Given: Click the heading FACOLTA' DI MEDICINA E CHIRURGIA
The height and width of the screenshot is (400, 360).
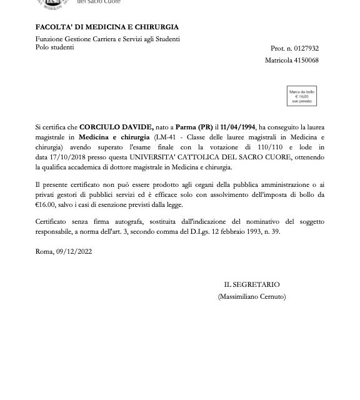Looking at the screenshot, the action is [107, 27].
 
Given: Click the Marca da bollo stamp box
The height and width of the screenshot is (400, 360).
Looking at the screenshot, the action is [301, 96].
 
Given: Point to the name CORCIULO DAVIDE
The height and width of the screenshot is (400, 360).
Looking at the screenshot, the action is [117, 127].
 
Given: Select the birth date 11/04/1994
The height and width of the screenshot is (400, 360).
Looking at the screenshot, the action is [239, 127].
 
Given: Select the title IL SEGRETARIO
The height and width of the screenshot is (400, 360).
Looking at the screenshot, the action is [251, 285].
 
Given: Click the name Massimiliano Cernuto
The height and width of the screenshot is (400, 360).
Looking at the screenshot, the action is [251, 296].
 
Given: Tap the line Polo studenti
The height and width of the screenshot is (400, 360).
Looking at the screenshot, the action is [54, 47].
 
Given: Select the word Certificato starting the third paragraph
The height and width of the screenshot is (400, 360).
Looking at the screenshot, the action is [52, 222].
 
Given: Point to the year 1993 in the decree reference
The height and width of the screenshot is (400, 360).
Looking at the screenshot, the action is [245, 231].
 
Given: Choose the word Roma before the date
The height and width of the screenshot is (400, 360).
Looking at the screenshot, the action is [44, 251].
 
